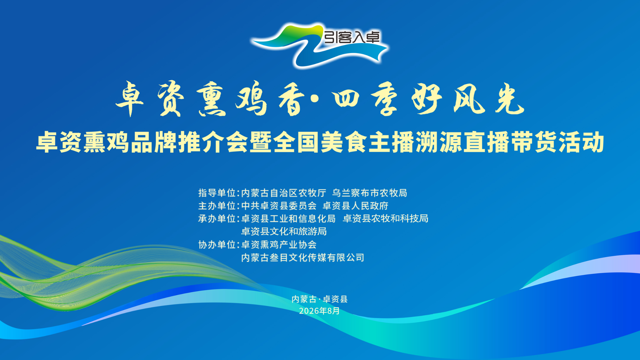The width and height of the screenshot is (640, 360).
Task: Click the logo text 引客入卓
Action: point(352,37)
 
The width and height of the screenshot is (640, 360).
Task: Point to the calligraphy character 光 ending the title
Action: point(509,99)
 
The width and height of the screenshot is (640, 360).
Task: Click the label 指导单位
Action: point(217,193)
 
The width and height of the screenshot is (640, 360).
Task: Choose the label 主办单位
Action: point(217,206)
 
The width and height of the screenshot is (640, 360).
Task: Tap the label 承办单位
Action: point(217,219)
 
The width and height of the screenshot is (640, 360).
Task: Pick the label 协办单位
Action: point(217,245)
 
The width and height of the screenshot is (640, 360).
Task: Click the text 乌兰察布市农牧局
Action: point(370,193)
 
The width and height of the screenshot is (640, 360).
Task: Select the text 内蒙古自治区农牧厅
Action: point(284,193)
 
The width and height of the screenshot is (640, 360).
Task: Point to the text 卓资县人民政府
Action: point(356,206)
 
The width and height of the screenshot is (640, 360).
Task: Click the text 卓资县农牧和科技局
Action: point(386,219)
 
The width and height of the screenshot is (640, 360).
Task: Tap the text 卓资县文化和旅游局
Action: point(284,231)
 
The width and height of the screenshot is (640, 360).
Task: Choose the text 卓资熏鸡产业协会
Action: point(279,245)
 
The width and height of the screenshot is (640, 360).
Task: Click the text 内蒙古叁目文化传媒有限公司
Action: point(303,258)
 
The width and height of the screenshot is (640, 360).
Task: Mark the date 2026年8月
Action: point(319,311)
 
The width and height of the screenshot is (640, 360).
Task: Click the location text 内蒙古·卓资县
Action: point(320,299)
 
